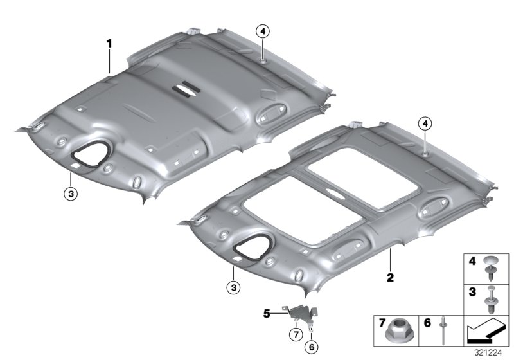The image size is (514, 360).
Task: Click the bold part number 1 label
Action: (x=109, y=44)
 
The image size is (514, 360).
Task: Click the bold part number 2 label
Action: (x=390, y=278)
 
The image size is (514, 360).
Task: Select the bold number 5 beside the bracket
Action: (x=267, y=314)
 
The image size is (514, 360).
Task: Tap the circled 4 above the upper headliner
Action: (x=263, y=32)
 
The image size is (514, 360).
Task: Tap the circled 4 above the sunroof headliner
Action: (x=425, y=124)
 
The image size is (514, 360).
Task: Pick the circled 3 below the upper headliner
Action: (x=71, y=194)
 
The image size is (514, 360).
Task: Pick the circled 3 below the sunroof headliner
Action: (x=233, y=288)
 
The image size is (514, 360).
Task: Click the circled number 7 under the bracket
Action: (x=296, y=335)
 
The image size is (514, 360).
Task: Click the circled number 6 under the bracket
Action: (x=312, y=346)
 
